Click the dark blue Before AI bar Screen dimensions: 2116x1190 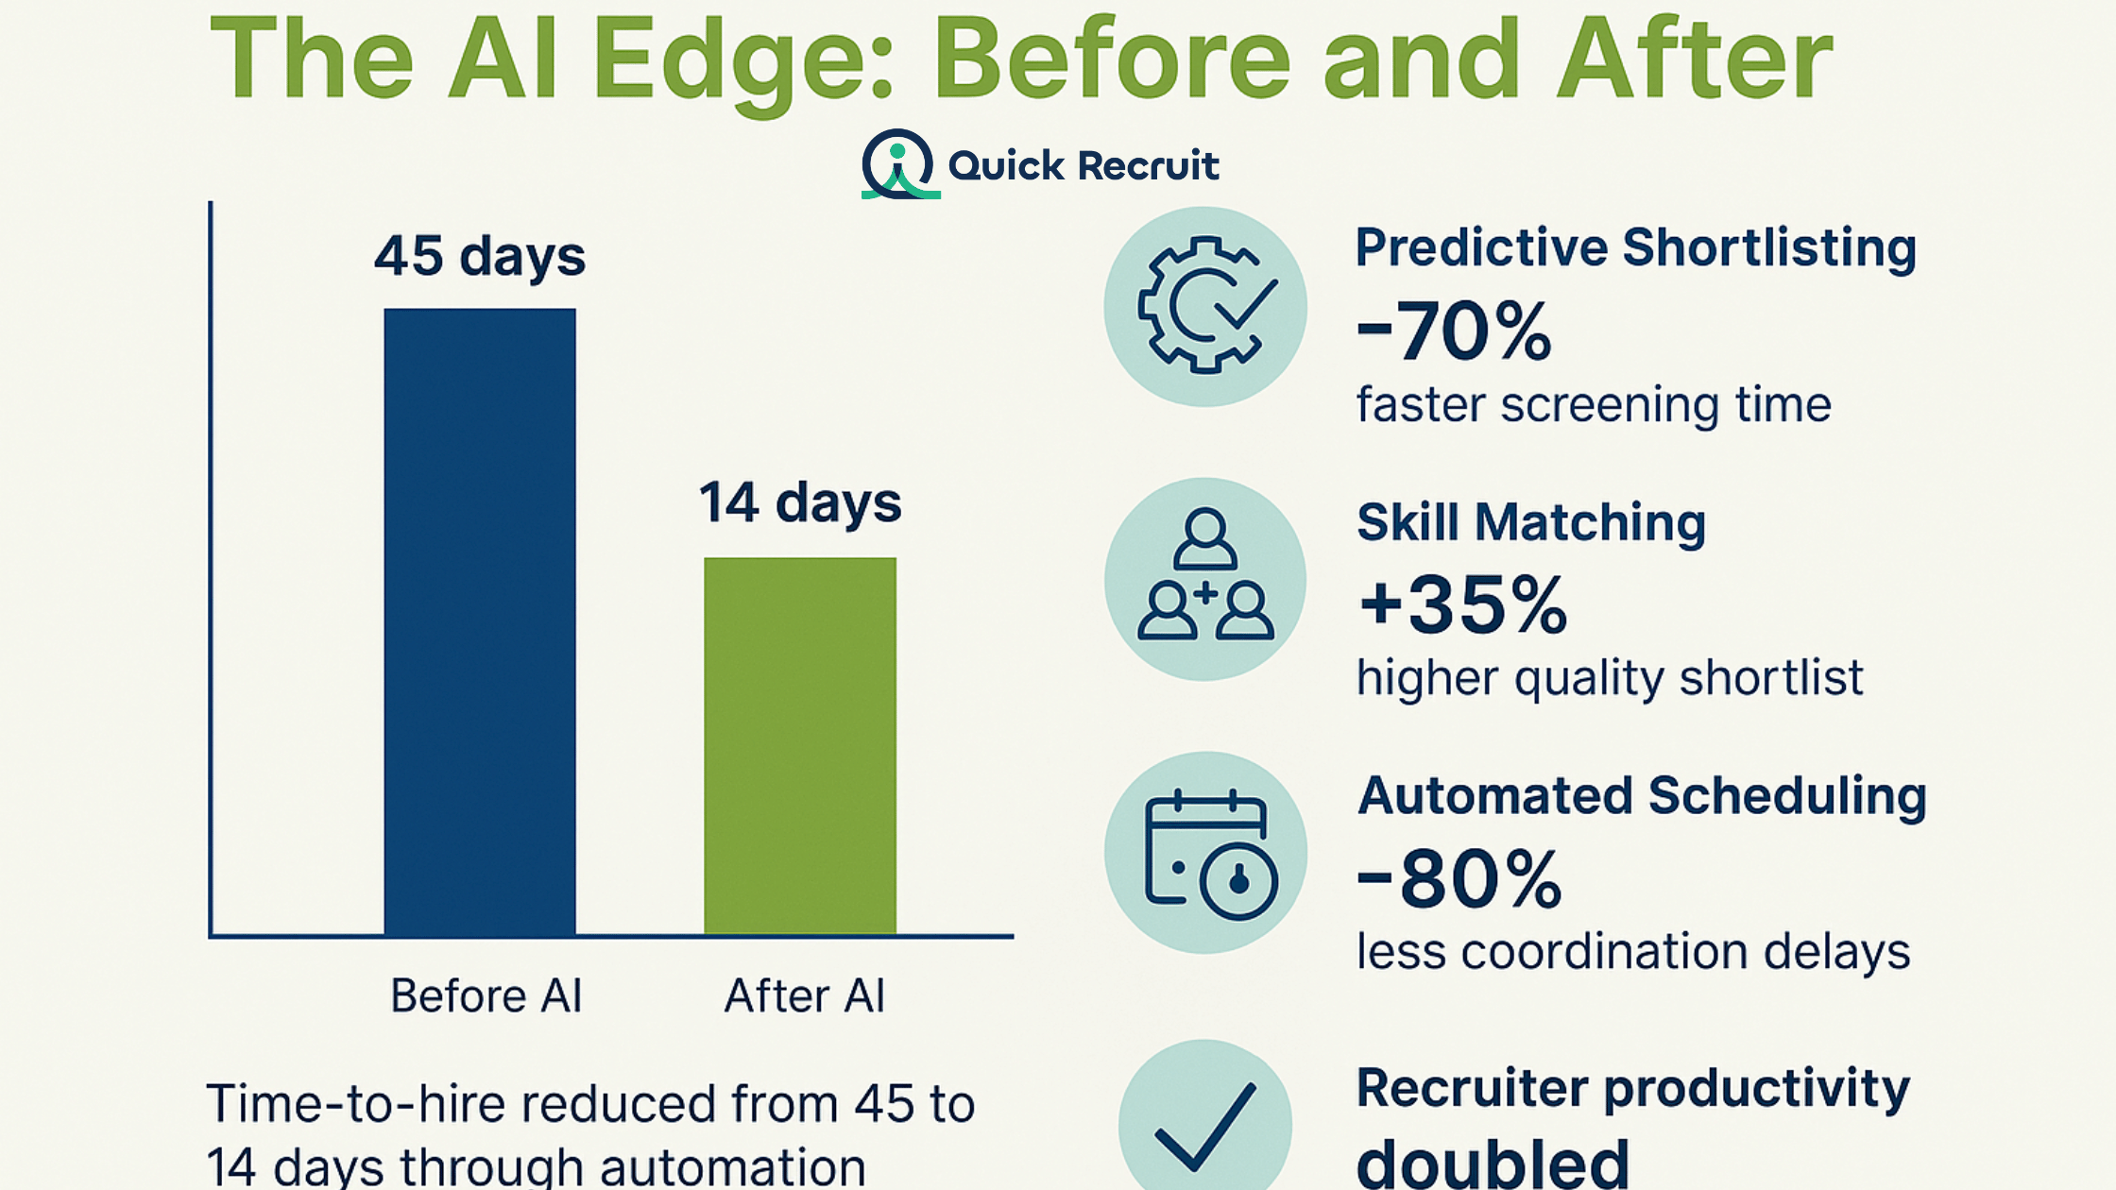(x=480, y=621)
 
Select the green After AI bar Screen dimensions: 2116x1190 (x=800, y=746)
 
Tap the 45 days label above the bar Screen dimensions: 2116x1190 (x=480, y=256)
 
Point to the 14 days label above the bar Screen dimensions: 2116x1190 (x=800, y=502)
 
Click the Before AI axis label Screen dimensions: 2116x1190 (x=486, y=995)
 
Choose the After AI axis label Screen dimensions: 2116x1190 (x=805, y=995)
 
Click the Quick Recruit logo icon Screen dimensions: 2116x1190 (x=899, y=164)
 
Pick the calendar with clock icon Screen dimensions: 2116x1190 (x=1210, y=854)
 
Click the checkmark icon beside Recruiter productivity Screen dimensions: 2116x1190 (x=1205, y=1127)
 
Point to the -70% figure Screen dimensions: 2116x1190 (x=1454, y=331)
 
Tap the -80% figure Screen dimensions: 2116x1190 (x=1459, y=878)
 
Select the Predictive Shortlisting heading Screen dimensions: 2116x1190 (x=1636, y=248)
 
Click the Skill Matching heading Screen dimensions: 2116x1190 (x=1531, y=522)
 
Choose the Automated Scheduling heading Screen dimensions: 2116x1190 (x=1642, y=796)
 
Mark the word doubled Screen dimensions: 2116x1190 (x=1493, y=1162)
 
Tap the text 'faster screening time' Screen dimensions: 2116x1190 (x=1594, y=405)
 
